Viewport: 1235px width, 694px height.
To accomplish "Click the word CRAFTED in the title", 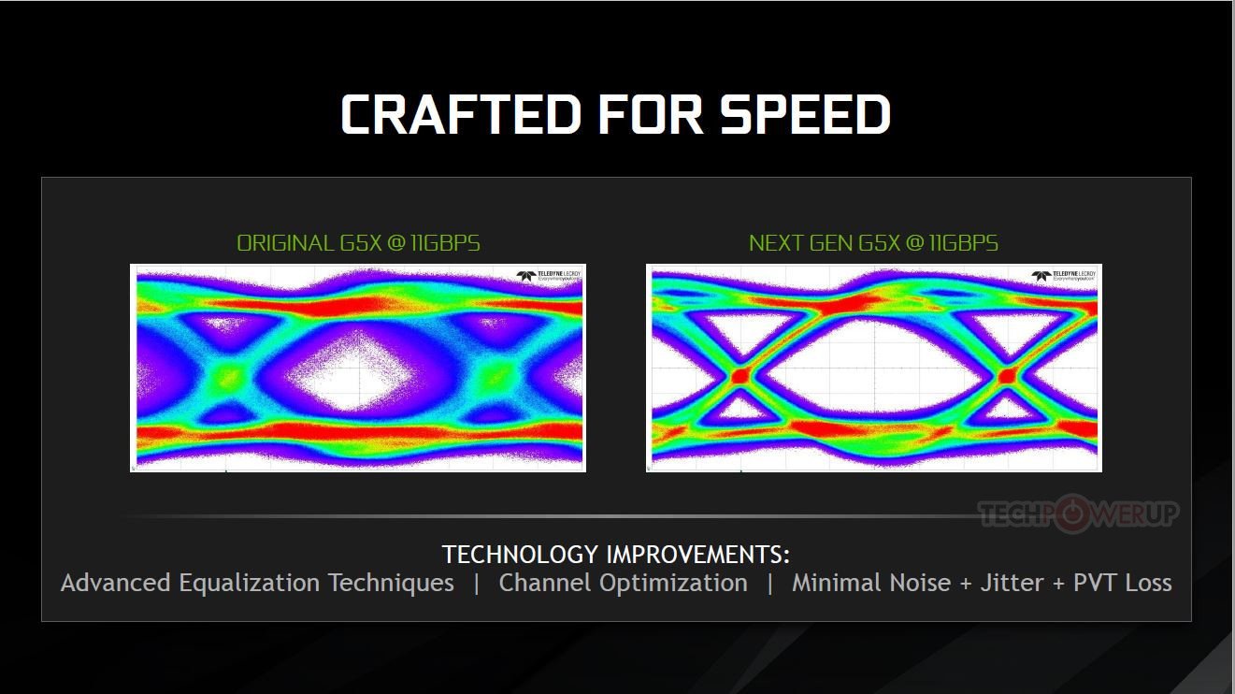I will pyautogui.click(x=457, y=114).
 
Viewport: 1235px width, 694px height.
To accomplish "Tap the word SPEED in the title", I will pyautogui.click(x=805, y=114).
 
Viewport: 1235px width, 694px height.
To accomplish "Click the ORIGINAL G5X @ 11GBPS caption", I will pyautogui.click(x=358, y=244).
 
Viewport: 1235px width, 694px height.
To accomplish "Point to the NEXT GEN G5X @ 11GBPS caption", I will pyautogui.click(x=873, y=244).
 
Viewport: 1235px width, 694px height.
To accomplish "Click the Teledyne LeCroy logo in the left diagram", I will pyautogui.click(x=549, y=276).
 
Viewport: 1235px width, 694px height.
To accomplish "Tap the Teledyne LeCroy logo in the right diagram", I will pyautogui.click(x=1065, y=276).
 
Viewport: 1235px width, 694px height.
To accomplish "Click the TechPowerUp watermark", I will pyautogui.click(x=1079, y=513).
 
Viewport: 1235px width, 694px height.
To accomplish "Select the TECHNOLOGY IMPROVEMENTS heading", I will pyautogui.click(x=616, y=555).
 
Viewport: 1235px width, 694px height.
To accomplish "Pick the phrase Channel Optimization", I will pyautogui.click(x=624, y=584).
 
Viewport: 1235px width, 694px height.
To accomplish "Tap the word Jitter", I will pyautogui.click(x=1012, y=584).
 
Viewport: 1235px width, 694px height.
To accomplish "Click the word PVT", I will pyautogui.click(x=1096, y=584).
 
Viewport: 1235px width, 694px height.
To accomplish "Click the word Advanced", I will pyautogui.click(x=116, y=584).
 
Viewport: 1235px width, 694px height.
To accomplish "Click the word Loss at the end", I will pyautogui.click(x=1148, y=584).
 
